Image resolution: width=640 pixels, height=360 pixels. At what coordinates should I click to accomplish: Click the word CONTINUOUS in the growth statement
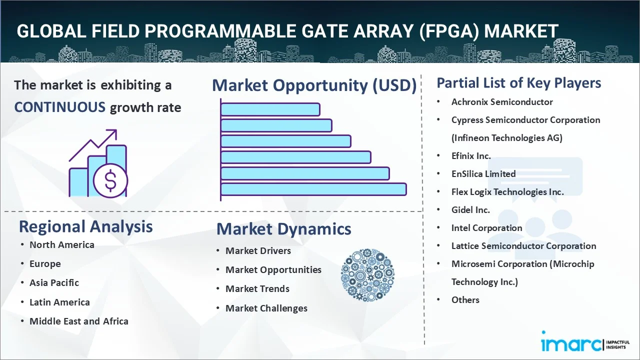point(60,107)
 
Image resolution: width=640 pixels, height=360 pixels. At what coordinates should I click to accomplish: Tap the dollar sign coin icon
point(110,181)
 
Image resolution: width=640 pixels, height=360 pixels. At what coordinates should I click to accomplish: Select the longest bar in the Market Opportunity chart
point(313,189)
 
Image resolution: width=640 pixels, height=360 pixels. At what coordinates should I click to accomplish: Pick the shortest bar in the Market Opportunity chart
point(270,109)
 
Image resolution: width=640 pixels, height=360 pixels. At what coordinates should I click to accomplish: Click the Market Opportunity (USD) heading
point(314,85)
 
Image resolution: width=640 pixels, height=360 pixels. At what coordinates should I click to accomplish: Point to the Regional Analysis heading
point(85,226)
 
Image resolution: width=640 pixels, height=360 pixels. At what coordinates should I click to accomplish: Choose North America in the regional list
point(62,245)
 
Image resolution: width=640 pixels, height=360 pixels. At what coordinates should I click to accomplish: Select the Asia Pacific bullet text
point(54,283)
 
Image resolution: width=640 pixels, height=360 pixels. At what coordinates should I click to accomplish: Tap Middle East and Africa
point(79,321)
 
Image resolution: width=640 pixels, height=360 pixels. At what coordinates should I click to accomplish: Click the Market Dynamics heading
point(284,229)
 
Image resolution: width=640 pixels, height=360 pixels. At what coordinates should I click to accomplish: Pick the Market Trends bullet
point(257,289)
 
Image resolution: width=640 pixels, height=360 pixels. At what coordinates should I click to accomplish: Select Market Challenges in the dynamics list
point(266,308)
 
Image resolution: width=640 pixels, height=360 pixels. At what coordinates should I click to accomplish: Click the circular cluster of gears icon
point(367,275)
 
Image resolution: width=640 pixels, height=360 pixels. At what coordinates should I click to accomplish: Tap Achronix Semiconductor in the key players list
point(502,102)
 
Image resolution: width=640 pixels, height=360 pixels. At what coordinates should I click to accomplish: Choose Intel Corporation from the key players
point(487,228)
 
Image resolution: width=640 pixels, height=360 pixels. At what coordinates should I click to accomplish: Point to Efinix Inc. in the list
point(471,156)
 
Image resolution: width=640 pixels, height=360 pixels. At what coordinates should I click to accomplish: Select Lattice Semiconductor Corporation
point(523,246)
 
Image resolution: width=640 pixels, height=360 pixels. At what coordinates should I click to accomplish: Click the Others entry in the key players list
point(465,300)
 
